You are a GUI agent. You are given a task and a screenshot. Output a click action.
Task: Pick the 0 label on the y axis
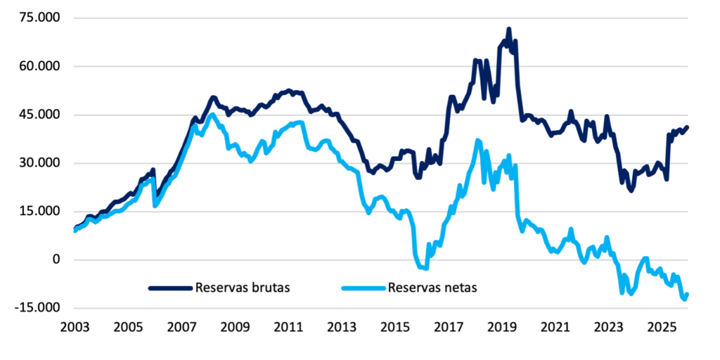56,260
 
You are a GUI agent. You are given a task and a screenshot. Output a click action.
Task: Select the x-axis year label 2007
181,328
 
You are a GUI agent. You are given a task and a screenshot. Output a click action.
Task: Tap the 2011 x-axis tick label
288,328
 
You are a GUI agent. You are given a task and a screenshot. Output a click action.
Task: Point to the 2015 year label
395,328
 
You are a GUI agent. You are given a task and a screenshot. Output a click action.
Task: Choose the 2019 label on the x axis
502,328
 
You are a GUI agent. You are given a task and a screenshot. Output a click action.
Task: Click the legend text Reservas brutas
243,288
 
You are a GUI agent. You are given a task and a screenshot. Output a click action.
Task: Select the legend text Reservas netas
432,288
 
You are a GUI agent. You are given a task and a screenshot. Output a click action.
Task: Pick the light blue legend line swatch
363,288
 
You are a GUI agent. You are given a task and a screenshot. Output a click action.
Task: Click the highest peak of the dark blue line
508,30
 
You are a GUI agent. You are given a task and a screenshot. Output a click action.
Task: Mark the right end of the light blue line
687,294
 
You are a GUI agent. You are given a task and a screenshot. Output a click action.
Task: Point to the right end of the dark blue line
687,127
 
